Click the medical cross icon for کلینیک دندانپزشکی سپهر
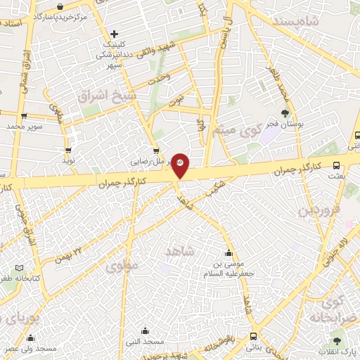coord(114,34)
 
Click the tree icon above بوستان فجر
coord(285,113)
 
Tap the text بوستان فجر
coord(284,124)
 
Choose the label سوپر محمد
coord(25,127)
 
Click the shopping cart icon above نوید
coord(68,150)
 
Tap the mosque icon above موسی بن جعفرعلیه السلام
coord(228,253)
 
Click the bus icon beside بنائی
coord(253,336)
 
